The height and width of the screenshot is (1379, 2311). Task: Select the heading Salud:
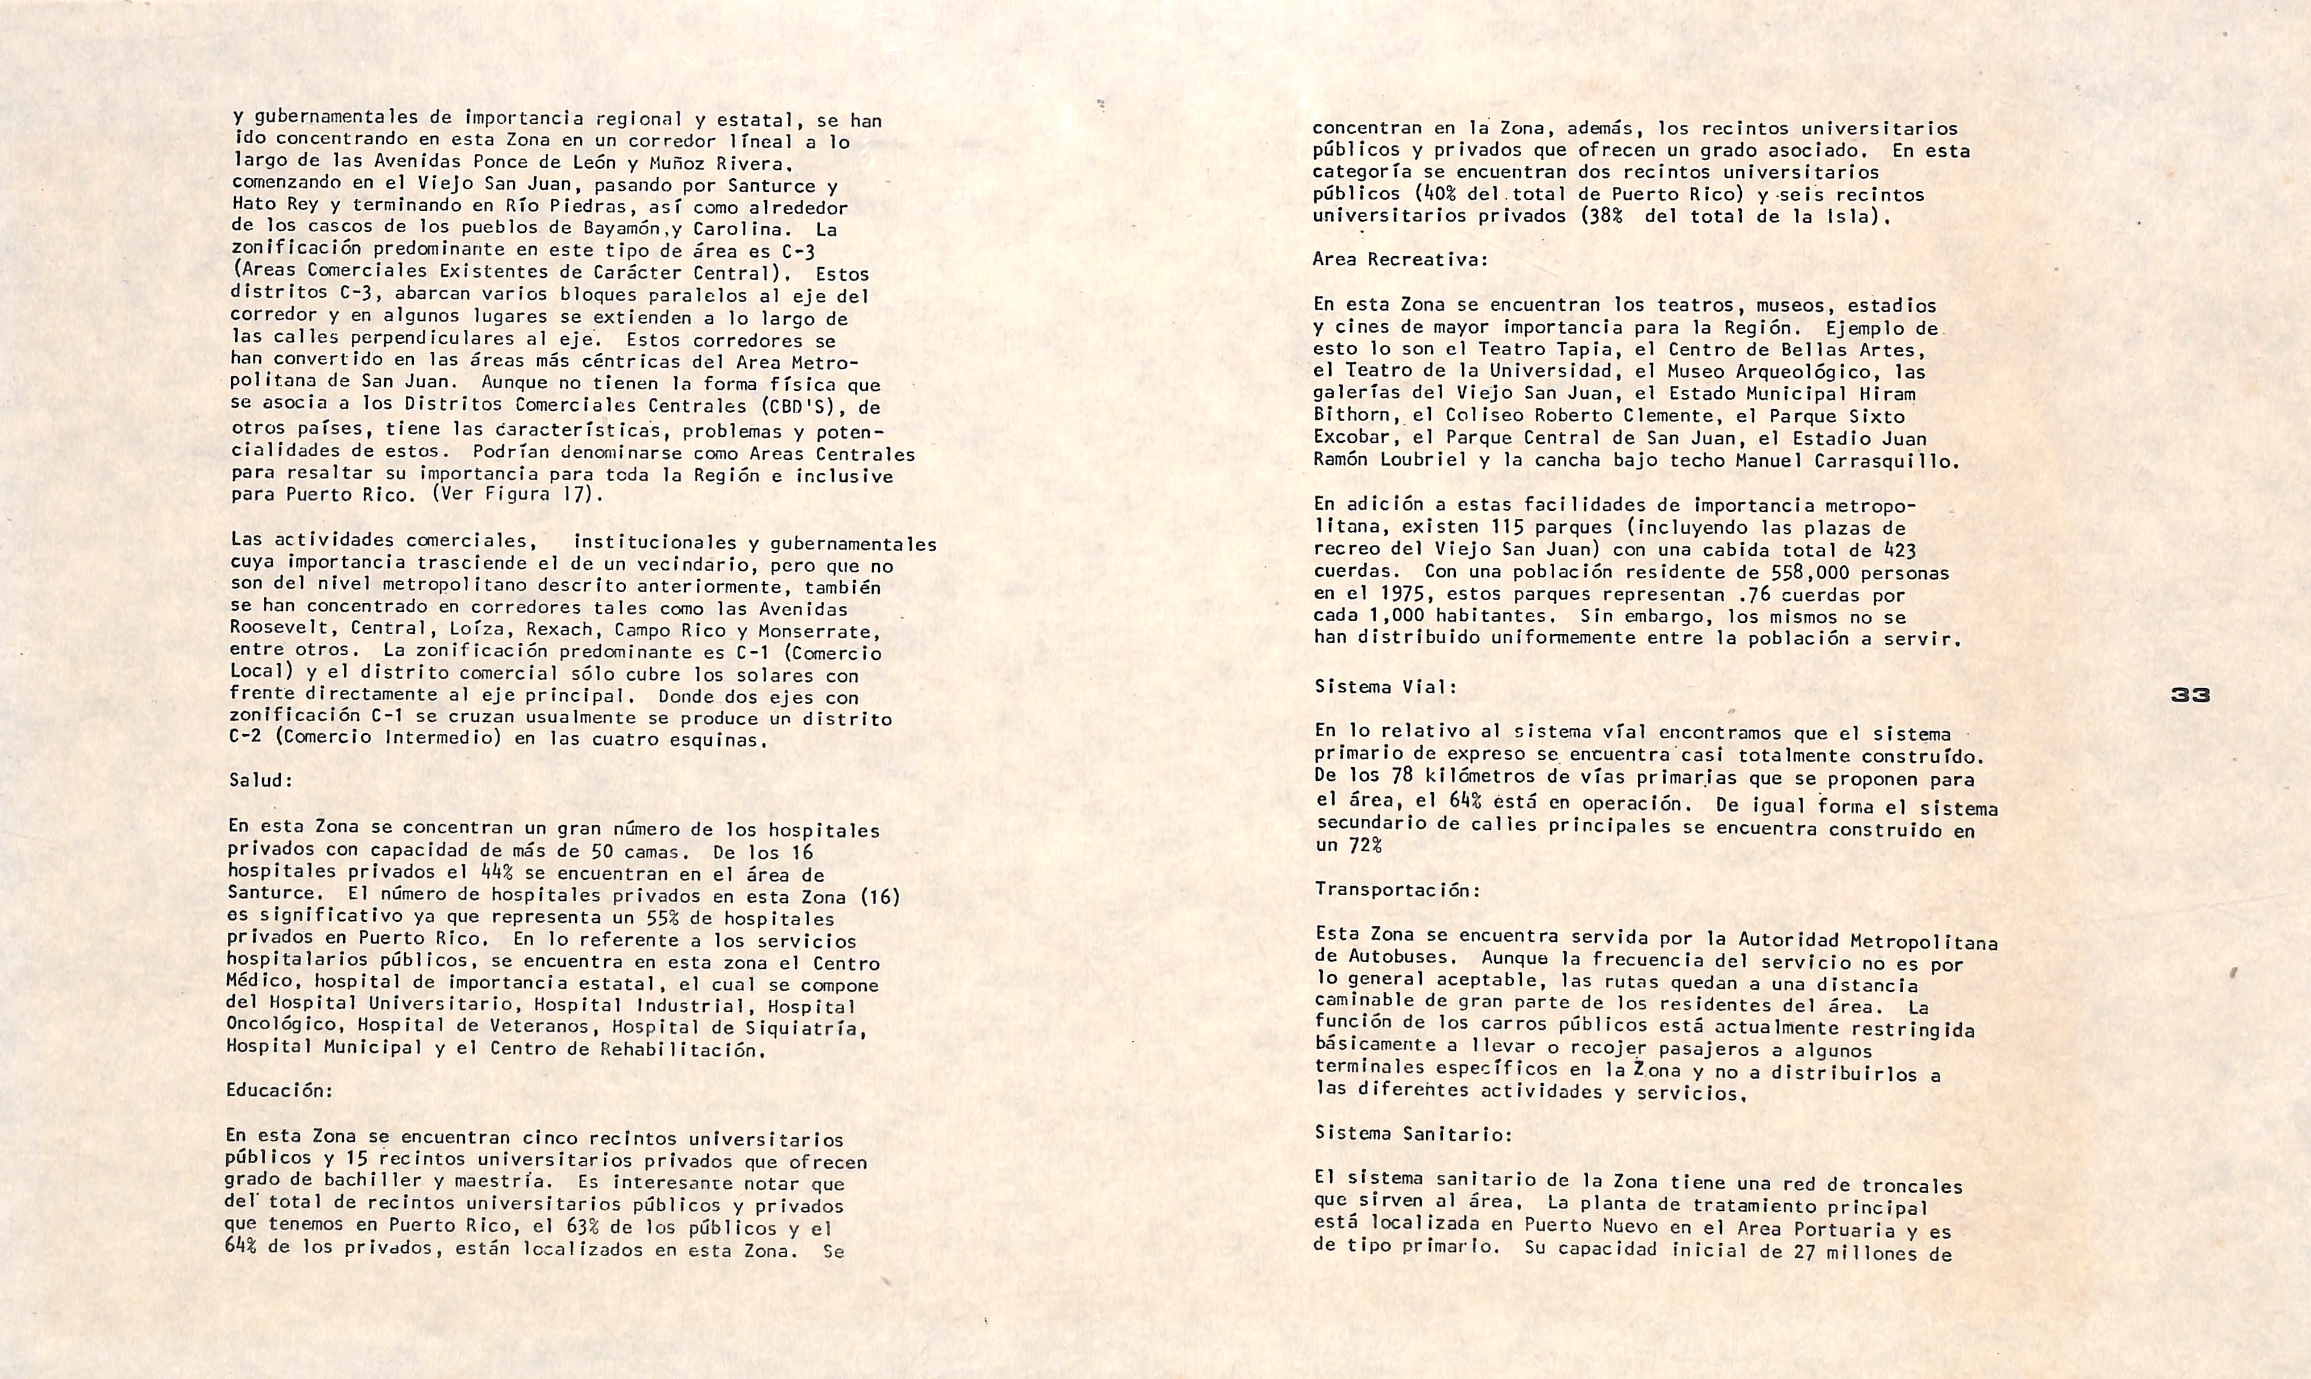(260, 780)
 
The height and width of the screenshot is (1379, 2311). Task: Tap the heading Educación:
(279, 1090)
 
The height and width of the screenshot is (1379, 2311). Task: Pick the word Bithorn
(1350, 416)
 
